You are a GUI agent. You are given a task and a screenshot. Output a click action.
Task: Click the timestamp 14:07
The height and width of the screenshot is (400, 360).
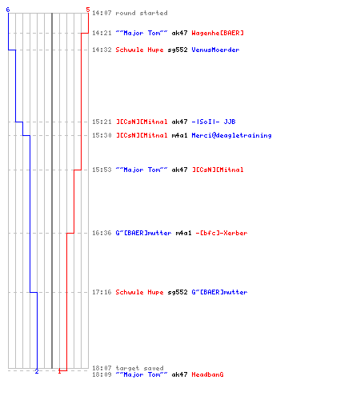click(102, 13)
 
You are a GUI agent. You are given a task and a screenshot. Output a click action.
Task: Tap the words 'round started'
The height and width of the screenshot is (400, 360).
click(142, 13)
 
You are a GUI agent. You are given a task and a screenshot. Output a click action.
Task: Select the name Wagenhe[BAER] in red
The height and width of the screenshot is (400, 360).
click(218, 33)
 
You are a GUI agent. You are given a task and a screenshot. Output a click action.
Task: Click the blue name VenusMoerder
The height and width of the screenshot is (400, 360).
click(215, 50)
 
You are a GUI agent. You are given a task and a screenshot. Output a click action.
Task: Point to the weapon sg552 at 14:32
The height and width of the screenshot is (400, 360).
click(178, 50)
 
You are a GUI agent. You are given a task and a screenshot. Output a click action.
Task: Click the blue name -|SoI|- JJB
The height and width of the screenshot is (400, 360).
click(214, 122)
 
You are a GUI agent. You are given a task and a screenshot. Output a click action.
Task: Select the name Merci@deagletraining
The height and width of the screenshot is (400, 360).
click(231, 135)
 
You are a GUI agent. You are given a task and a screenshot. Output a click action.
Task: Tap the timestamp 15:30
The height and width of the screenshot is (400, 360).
click(102, 135)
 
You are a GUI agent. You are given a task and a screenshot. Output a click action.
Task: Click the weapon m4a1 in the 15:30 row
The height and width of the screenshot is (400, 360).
click(179, 135)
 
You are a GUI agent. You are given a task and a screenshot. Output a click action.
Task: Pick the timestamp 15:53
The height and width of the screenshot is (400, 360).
click(102, 170)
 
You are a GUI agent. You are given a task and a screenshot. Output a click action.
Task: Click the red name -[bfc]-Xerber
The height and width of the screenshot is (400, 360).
click(222, 233)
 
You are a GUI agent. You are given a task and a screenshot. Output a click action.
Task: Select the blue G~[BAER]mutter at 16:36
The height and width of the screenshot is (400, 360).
click(143, 233)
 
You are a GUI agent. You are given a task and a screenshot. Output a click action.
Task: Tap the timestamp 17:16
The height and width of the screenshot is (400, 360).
click(102, 292)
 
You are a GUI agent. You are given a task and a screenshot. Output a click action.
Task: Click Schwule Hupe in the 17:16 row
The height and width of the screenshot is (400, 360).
click(139, 292)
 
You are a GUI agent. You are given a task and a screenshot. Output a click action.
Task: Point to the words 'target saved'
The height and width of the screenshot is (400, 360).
click(139, 368)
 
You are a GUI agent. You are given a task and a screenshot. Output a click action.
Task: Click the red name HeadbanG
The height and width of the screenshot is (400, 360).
click(207, 374)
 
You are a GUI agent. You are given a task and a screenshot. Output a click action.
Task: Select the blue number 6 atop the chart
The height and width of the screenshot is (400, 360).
click(8, 10)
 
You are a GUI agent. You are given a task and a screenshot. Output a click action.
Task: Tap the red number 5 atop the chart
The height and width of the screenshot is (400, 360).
click(88, 10)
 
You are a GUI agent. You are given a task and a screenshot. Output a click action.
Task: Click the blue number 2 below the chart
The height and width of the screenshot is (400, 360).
click(37, 371)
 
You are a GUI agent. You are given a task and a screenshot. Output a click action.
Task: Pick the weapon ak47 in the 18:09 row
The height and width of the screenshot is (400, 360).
click(179, 374)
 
